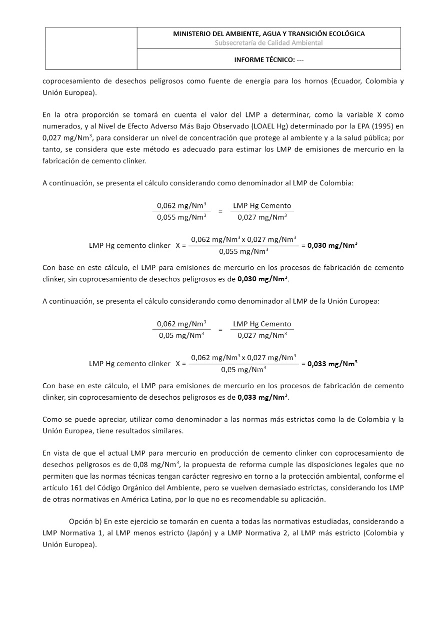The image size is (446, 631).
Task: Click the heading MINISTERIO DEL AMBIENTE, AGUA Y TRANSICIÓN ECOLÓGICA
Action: coord(268,34)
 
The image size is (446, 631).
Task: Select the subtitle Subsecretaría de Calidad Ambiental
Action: coord(268,43)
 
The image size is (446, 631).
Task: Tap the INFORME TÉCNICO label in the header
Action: coord(269,59)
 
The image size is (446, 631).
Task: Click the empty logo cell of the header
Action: coord(91,48)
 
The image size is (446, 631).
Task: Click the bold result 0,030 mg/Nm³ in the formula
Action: coord(332,245)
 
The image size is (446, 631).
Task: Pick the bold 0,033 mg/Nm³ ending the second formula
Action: coord(332,364)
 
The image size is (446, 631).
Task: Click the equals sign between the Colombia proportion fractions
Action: coord(220,211)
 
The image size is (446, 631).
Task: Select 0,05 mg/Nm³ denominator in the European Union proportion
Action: coord(181,336)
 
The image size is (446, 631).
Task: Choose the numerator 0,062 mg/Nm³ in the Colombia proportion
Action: coord(181,205)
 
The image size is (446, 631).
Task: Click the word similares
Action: coord(169,431)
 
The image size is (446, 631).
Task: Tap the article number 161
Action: coord(74,476)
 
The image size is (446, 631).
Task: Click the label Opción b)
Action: coord(85,521)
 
